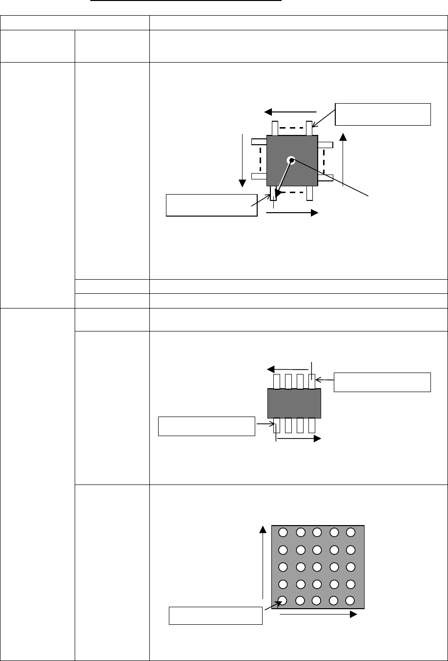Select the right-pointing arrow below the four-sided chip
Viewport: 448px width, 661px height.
tap(292, 213)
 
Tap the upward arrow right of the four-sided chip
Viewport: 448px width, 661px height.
tap(343, 159)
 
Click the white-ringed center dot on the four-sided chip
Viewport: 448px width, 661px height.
tap(291, 160)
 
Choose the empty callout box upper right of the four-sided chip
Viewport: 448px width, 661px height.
tap(383, 114)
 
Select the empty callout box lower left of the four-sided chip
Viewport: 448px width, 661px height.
tap(211, 205)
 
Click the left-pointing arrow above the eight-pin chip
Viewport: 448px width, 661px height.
tap(288, 370)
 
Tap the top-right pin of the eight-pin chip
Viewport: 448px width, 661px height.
tap(312, 381)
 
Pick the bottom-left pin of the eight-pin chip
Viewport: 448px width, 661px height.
tap(276, 425)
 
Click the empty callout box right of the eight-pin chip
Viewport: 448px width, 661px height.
tap(382, 382)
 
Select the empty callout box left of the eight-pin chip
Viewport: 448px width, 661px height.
tap(207, 426)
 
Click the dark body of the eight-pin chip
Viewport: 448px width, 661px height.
tap(294, 403)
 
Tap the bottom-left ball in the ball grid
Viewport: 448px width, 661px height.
tap(283, 601)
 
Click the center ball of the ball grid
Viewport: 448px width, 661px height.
tap(317, 567)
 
